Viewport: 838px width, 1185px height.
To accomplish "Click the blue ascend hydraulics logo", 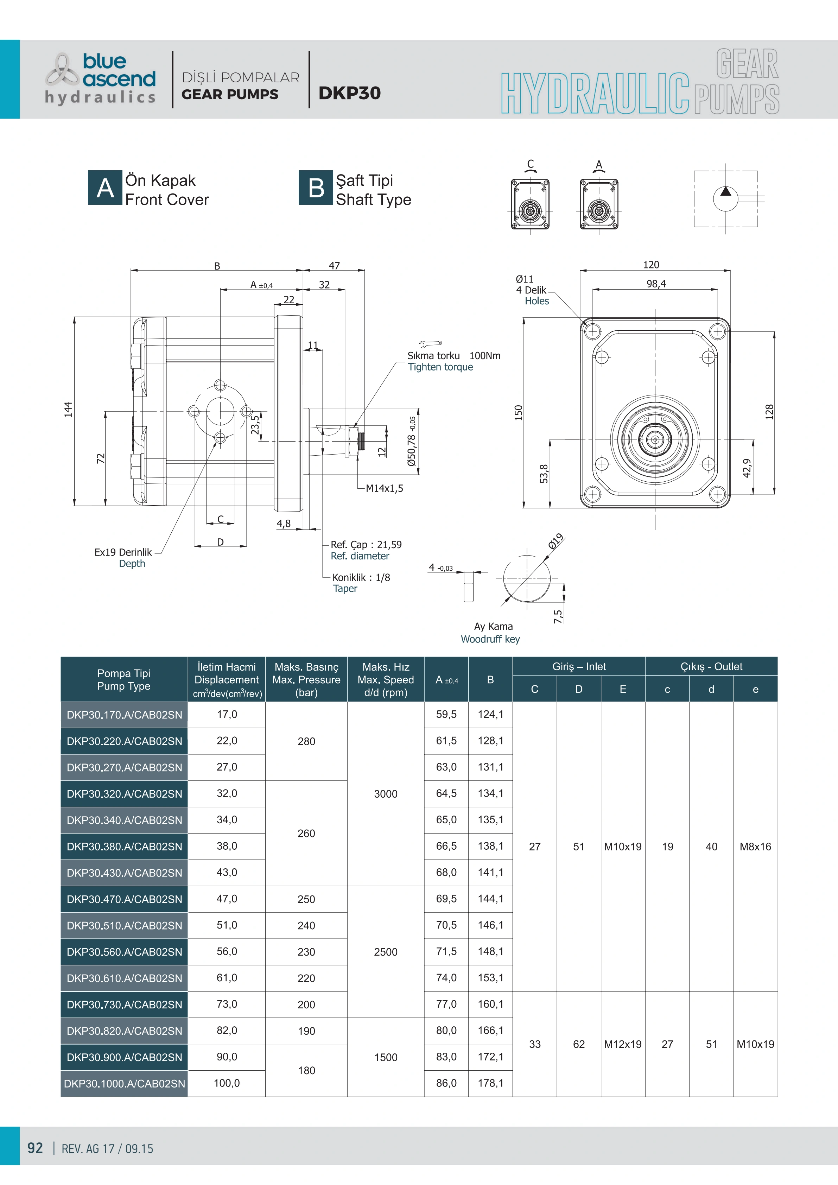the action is pos(101,78).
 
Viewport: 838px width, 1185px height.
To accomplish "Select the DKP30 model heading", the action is pos(349,93).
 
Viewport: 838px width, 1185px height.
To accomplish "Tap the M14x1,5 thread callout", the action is pos(385,488).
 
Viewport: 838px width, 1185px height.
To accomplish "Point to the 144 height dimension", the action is pos(69,409).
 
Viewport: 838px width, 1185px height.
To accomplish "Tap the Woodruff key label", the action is pos(490,639).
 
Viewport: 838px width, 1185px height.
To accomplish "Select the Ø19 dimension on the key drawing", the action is pos(556,541).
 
